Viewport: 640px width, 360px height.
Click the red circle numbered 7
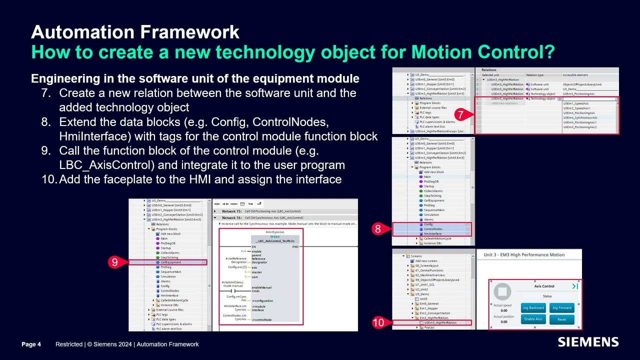click(x=459, y=115)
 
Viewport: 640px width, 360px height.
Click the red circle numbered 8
click(x=378, y=229)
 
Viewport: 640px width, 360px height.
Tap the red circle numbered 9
click(x=114, y=262)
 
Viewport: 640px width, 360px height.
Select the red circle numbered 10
click(x=378, y=322)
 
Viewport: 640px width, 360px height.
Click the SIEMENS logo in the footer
click(x=588, y=342)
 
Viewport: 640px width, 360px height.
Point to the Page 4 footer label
click(x=31, y=344)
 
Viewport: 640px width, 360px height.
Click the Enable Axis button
click(x=533, y=319)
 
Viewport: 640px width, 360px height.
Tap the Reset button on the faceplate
click(x=561, y=319)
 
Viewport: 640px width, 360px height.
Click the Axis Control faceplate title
click(x=544, y=286)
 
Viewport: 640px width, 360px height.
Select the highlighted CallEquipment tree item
click(x=170, y=262)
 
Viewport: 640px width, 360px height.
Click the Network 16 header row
click(x=262, y=218)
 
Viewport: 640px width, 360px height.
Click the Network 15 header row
click(x=262, y=211)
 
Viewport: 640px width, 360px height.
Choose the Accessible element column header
click(x=575, y=75)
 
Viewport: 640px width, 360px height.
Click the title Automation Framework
click(x=135, y=32)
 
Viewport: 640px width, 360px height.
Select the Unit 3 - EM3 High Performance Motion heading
click(x=524, y=255)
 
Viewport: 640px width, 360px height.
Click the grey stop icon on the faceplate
click(x=502, y=291)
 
